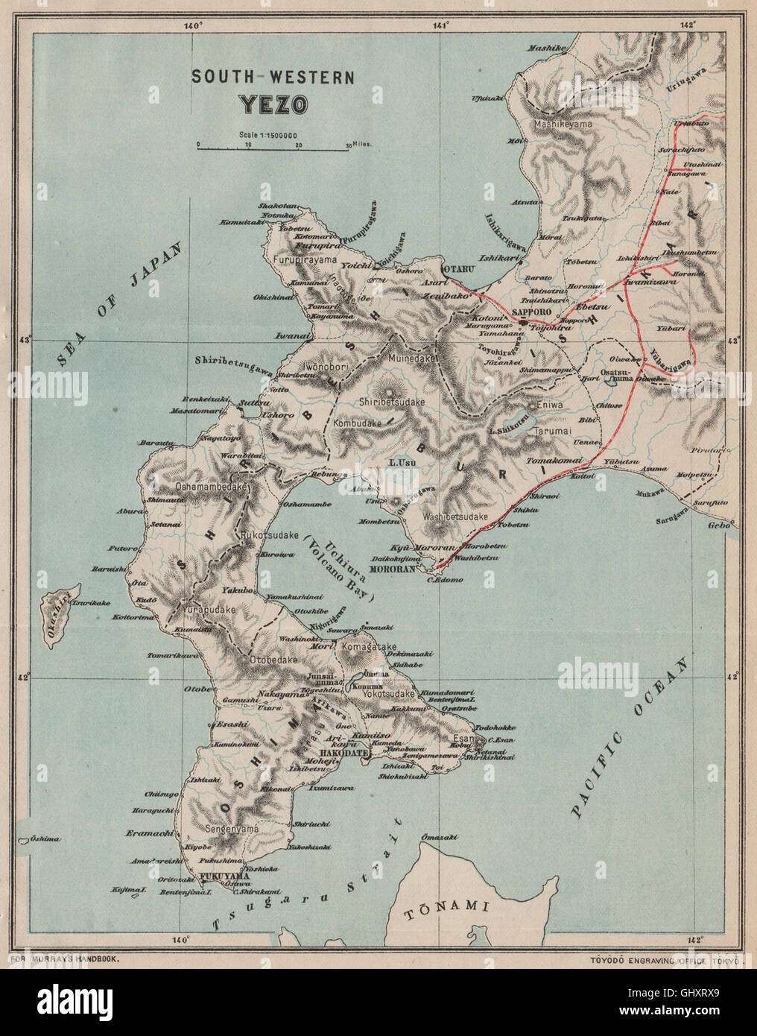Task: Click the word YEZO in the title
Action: point(273,104)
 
